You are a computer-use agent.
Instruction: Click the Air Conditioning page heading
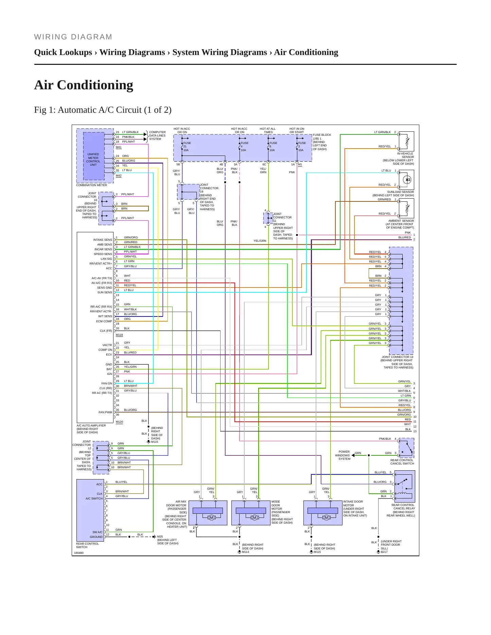84,85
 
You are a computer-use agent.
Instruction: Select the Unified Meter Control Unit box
94,156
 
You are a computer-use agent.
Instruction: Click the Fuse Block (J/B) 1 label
322,142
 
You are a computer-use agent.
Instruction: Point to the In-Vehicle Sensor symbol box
406,141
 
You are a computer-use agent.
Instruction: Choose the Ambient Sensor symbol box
406,208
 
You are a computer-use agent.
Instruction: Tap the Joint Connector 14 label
397,362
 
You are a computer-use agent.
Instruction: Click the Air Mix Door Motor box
208,513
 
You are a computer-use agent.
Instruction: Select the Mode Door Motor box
251,513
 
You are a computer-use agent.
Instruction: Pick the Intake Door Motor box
323,513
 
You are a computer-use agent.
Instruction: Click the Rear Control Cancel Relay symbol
405,486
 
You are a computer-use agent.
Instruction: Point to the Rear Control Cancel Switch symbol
406,448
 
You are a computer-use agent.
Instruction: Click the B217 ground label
384,552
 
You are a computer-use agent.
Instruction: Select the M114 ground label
245,552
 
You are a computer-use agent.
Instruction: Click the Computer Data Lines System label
157,135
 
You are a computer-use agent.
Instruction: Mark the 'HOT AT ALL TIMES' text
268,130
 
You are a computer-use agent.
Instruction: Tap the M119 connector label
119,335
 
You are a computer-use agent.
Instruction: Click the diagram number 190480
79,553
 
